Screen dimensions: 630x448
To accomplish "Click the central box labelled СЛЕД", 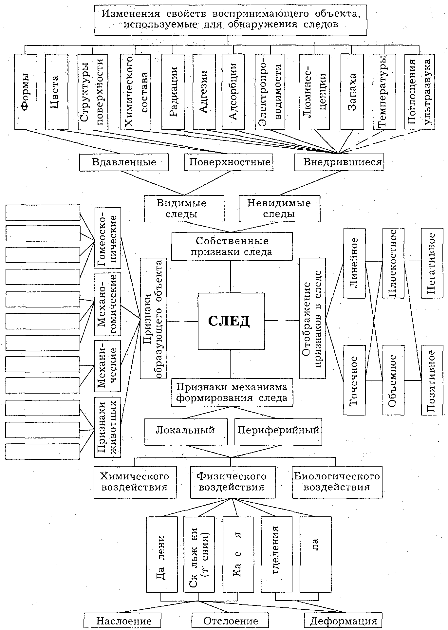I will [231, 321].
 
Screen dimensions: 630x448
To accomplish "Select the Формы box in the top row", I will [26, 92].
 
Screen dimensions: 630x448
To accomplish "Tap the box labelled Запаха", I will [352, 92].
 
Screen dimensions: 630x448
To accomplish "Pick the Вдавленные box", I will [124, 162].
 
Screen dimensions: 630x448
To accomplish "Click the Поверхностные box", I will [229, 162].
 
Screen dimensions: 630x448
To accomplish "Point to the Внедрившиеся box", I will [339, 162].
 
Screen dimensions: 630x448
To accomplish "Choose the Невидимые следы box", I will [279, 209].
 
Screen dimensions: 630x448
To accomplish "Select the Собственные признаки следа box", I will [232, 247].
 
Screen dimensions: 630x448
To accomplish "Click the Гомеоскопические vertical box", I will [108, 238].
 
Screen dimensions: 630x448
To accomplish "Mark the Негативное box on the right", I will [432, 263].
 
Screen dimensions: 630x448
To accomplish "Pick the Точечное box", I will [354, 380].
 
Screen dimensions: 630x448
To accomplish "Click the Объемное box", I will [393, 380].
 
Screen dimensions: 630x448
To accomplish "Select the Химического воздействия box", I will [135, 482].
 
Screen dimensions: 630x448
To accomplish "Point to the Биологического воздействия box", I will [337, 482].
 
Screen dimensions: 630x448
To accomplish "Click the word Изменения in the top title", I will [130, 14].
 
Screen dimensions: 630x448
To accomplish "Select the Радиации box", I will [174, 92].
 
